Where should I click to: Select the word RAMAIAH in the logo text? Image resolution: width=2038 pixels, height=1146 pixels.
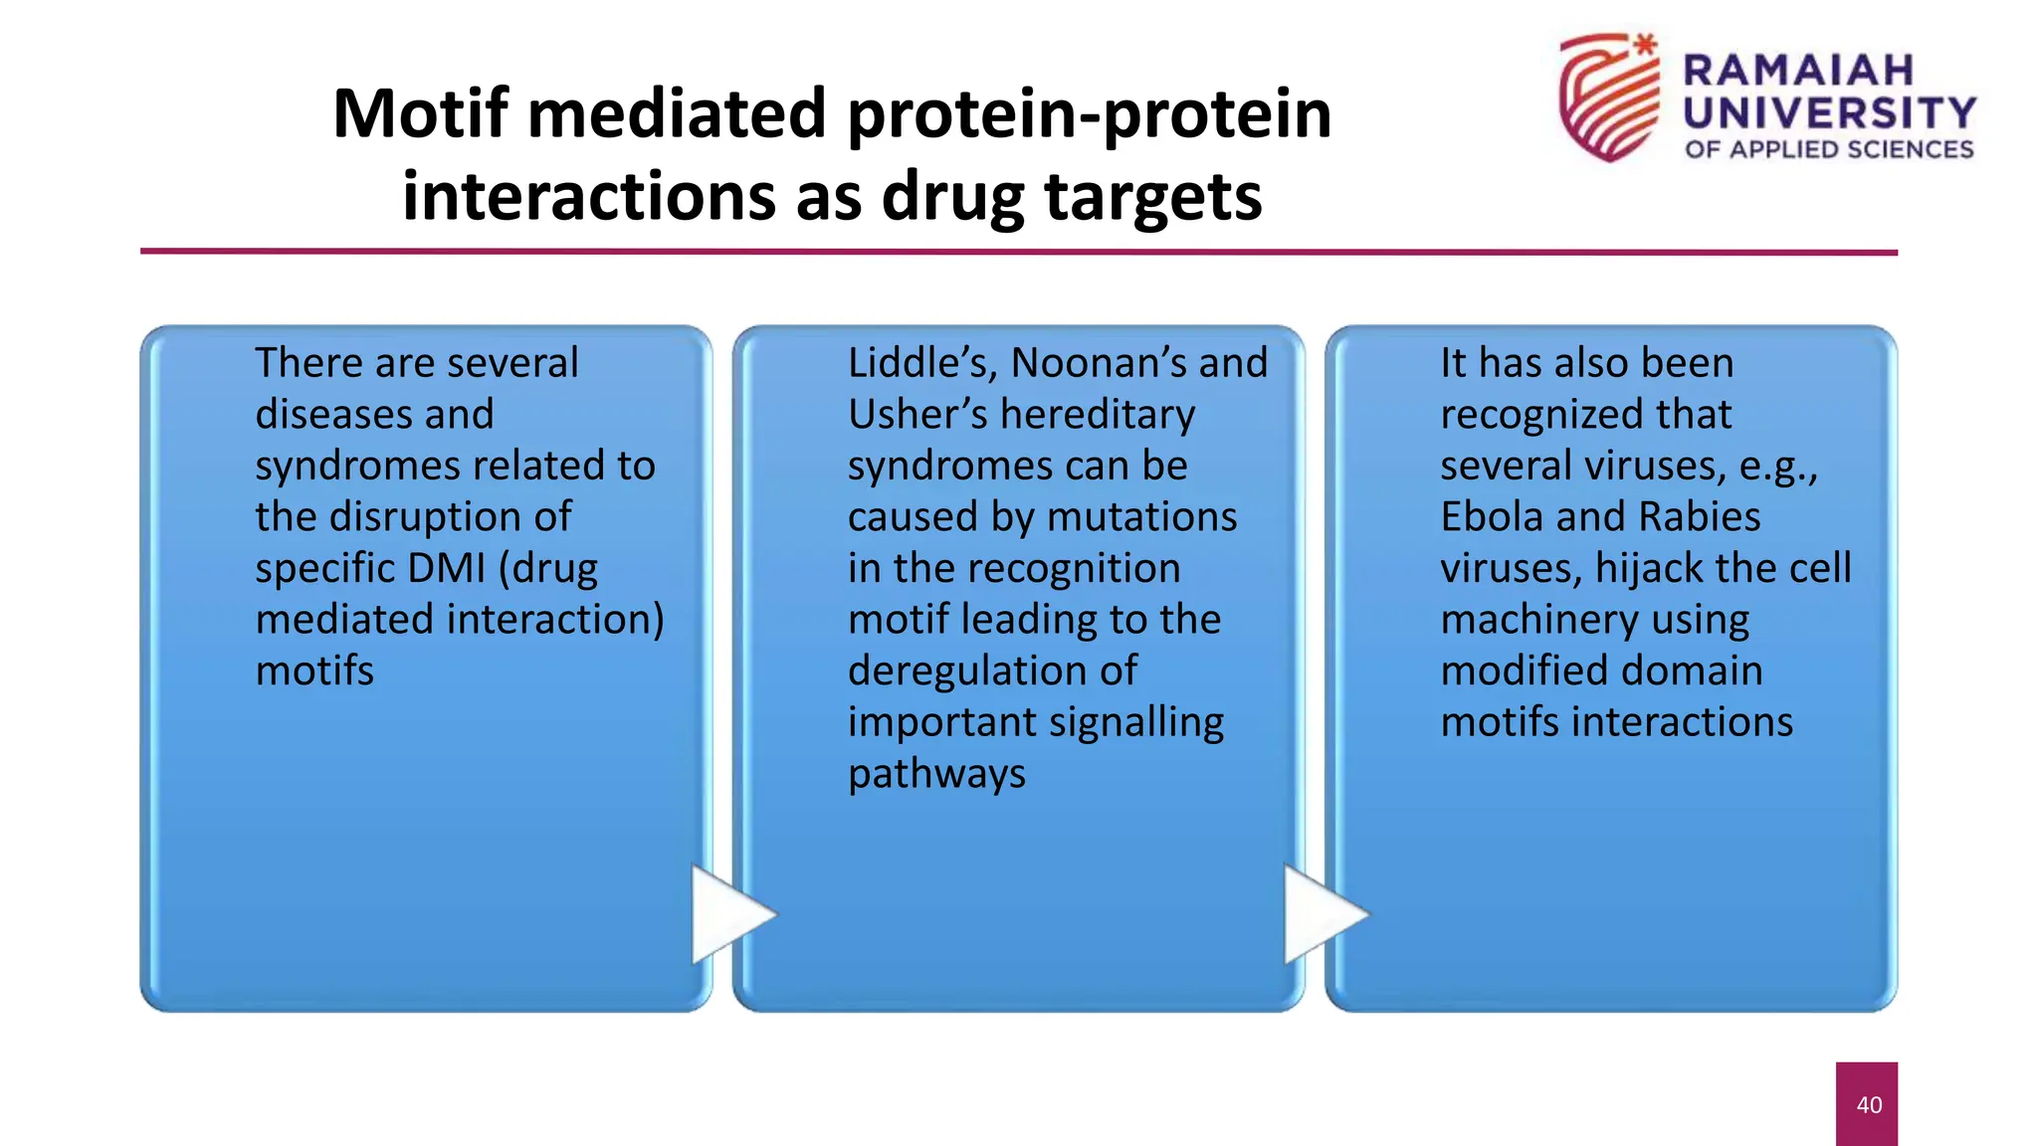(1798, 71)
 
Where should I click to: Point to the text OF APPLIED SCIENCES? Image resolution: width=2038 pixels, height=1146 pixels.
(1828, 150)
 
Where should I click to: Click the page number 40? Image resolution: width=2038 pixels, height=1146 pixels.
(1868, 1104)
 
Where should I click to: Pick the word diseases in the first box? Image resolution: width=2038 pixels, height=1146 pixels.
(374, 414)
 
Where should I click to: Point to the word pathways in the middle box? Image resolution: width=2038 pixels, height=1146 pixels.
(935, 774)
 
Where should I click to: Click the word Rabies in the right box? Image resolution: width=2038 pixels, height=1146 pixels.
(1699, 517)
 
